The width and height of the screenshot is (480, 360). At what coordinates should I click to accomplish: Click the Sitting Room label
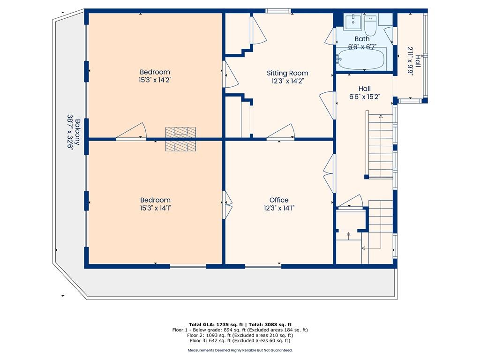287,73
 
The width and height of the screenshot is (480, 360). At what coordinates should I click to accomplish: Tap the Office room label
279,200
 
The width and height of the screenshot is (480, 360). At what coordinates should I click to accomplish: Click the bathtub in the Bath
360,59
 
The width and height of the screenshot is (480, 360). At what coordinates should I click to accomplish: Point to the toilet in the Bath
370,26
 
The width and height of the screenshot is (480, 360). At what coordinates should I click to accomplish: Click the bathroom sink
353,22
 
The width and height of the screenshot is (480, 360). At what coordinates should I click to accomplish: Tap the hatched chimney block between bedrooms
180,139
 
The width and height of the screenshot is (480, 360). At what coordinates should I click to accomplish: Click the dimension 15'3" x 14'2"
155,80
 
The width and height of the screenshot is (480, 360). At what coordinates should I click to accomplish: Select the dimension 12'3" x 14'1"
279,208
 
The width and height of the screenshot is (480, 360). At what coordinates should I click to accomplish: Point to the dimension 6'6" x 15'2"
365,97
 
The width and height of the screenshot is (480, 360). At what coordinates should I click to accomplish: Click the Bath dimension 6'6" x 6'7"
362,47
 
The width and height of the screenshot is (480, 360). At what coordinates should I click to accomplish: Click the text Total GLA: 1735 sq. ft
216,324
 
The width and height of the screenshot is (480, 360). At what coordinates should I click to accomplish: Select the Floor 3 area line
240,340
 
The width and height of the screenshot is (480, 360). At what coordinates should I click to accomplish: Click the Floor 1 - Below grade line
240,330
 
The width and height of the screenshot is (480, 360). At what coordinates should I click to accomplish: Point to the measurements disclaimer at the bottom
240,350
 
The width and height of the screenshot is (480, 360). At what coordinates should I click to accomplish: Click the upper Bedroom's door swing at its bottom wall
132,132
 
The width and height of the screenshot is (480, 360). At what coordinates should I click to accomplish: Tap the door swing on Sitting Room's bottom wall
281,132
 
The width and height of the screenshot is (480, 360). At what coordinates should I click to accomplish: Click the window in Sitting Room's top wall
278,11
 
